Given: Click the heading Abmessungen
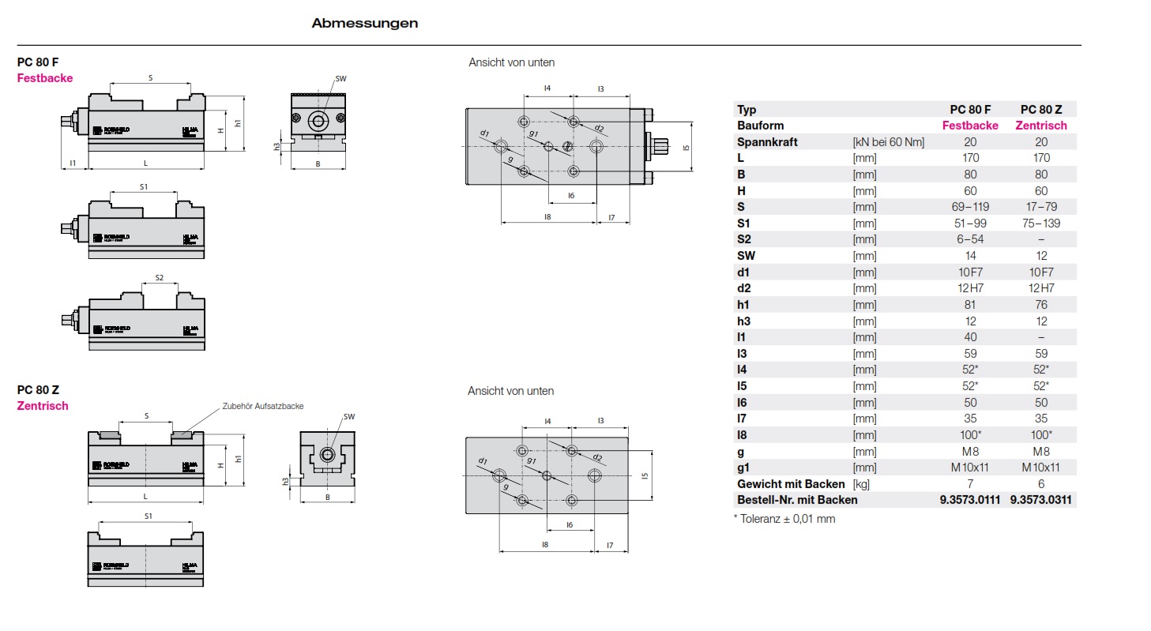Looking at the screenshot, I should pyautogui.click(x=364, y=24).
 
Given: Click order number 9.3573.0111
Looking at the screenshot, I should pyautogui.click(x=970, y=500).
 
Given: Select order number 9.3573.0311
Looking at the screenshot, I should pyautogui.click(x=1041, y=500).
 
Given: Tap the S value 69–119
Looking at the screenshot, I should pyautogui.click(x=970, y=207).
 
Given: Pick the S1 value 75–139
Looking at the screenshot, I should pyautogui.click(x=1041, y=223).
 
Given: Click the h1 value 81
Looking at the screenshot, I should pyautogui.click(x=970, y=305).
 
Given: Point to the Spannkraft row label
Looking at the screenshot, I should pyautogui.click(x=767, y=142).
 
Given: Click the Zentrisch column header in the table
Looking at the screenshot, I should pyautogui.click(x=1041, y=126).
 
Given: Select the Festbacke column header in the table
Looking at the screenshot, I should pyautogui.click(x=970, y=126).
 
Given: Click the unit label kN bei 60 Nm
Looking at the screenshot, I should pyautogui.click(x=888, y=142).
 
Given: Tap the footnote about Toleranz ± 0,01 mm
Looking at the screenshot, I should pyautogui.click(x=784, y=519).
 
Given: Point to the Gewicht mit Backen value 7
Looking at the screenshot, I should pyautogui.click(x=970, y=483).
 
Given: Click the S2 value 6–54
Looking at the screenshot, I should pyautogui.click(x=970, y=239).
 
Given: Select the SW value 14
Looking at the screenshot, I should pyautogui.click(x=970, y=256).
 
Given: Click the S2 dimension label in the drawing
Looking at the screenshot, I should pyautogui.click(x=159, y=278).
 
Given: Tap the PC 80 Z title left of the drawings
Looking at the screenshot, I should pyautogui.click(x=38, y=389).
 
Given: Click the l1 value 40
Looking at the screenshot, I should pyautogui.click(x=970, y=337).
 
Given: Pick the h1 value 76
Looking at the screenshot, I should pyautogui.click(x=1041, y=305).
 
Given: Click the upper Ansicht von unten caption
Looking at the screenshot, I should pyautogui.click(x=511, y=62).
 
